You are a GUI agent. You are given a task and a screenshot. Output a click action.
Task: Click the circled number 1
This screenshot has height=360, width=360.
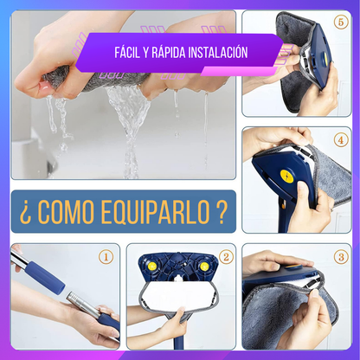(106, 257)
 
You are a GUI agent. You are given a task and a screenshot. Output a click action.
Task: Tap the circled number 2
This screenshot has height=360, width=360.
(226, 257)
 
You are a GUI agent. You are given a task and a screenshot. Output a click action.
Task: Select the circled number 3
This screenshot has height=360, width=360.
(341, 257)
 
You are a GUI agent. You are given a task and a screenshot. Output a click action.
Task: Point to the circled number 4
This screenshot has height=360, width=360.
(341, 140)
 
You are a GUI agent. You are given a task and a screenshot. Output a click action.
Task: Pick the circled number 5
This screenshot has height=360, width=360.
(341, 22)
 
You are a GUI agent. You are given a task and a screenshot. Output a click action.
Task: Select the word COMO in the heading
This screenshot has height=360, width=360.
(66, 211)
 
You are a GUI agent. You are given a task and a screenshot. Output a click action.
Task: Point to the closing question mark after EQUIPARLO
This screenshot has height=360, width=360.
(222, 211)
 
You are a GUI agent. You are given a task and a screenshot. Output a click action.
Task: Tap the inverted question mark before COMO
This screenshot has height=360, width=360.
(25, 213)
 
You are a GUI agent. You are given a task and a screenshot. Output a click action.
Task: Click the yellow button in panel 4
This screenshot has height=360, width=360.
(287, 177)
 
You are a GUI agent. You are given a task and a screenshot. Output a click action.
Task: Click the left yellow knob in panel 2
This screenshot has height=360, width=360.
(151, 266)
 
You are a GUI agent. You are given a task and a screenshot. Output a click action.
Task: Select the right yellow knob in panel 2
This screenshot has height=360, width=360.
(204, 267)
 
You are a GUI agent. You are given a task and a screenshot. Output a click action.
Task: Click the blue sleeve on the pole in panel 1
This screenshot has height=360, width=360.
(46, 278)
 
